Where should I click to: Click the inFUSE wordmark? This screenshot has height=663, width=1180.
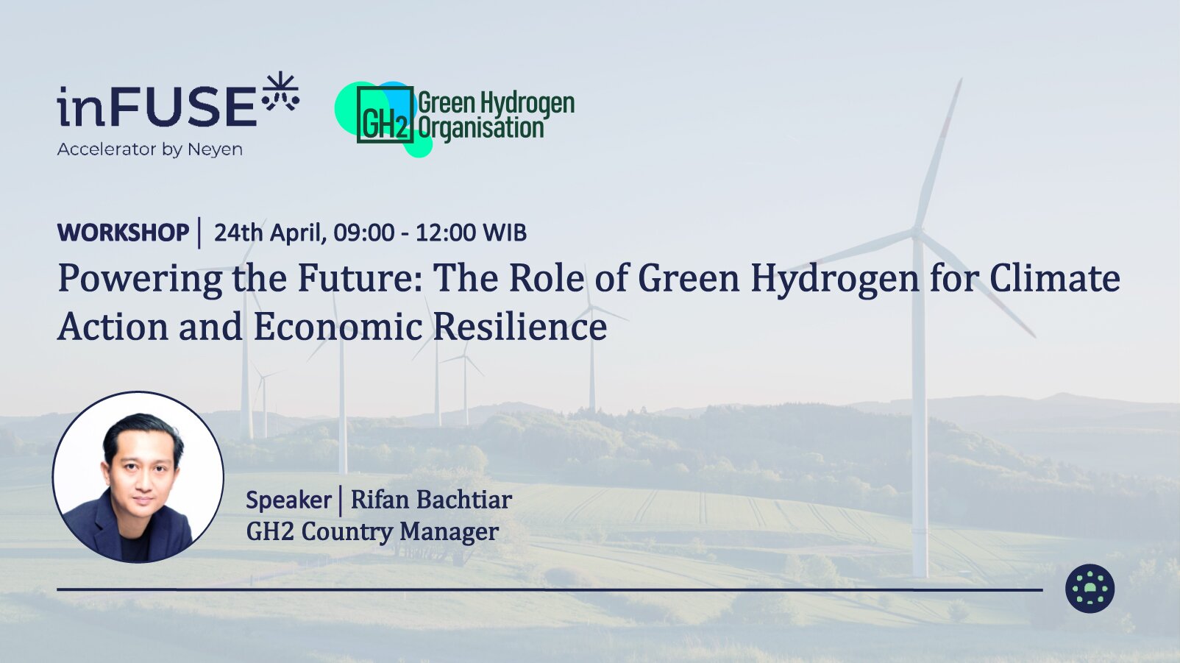tap(157, 107)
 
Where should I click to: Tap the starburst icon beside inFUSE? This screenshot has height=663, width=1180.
tap(280, 92)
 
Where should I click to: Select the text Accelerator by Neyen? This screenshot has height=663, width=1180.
tap(149, 149)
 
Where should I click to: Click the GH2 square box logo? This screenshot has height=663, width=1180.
tap(385, 114)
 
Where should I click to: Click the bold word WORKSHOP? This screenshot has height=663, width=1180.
tap(124, 233)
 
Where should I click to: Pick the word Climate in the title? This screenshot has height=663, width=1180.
tap(1055, 277)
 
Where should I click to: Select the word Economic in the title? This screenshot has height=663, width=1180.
tap(338, 326)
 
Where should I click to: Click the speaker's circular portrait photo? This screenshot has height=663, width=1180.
tap(138, 477)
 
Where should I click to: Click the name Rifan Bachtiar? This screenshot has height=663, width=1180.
tap(431, 499)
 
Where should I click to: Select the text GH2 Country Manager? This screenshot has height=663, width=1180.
tap(372, 532)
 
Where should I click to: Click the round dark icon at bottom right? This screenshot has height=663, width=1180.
tap(1090, 589)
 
